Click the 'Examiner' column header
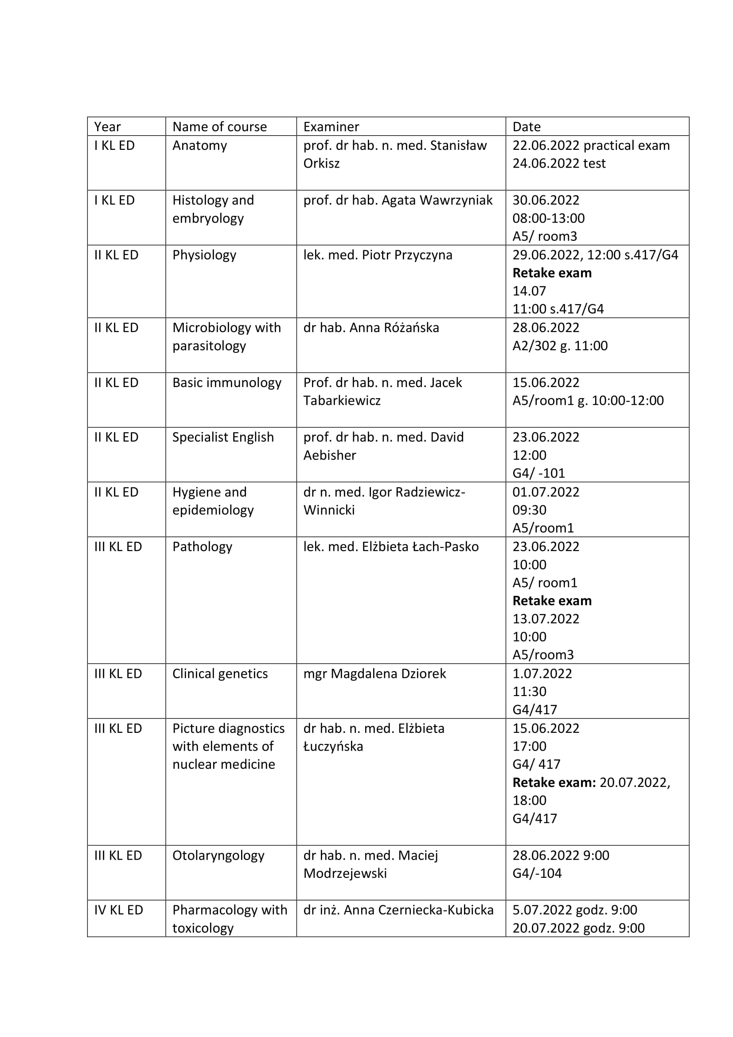coord(331,126)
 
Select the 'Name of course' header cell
coord(219,126)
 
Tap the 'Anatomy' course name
coord(199,145)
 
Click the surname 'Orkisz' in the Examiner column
coord(321,163)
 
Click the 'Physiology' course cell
coord(204,255)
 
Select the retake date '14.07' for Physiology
coord(529,291)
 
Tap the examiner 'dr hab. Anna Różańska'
coord(371,328)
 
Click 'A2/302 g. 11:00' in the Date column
coord(560,345)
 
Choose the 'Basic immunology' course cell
coord(226,383)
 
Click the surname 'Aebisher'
coord(329,455)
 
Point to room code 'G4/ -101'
coord(538,473)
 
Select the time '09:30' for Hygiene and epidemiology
coord(529,510)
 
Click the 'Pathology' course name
coord(202,547)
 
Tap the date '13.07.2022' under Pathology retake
coord(546,619)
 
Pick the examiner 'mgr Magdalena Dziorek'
coord(374,673)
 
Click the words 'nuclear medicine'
coord(223,764)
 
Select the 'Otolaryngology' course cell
coord(218,855)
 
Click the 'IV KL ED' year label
coord(118,910)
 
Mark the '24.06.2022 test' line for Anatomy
coord(559,163)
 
